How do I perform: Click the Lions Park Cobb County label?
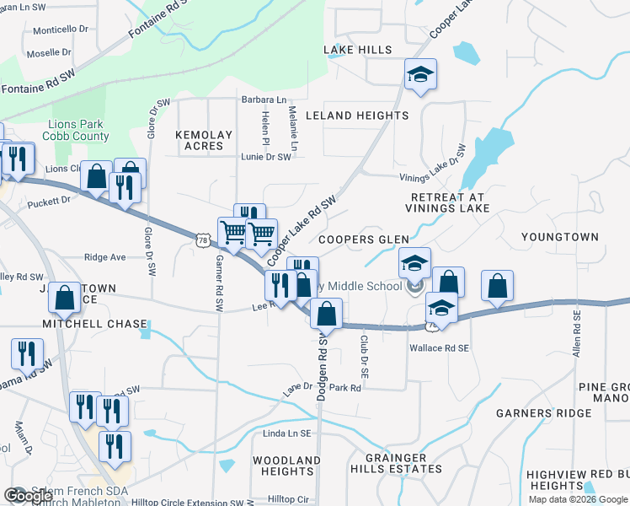click(x=79, y=130)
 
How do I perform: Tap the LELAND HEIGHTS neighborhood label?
click(x=356, y=116)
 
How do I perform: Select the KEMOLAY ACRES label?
click(x=199, y=140)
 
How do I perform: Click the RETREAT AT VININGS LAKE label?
click(x=446, y=202)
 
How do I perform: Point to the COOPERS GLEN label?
click(x=363, y=240)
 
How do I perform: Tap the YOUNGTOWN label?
click(x=559, y=238)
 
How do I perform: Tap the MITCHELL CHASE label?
click(x=96, y=324)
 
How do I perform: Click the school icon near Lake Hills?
click(x=419, y=75)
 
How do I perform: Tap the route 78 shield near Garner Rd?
click(x=202, y=240)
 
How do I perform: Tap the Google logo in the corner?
click(x=27, y=496)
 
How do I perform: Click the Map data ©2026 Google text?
click(x=578, y=499)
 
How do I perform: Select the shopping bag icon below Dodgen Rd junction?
click(x=326, y=315)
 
